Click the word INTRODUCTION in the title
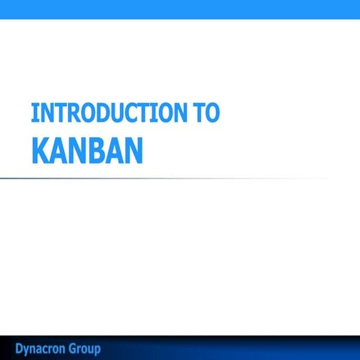[104, 112]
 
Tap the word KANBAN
[86, 149]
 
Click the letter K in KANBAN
[40, 149]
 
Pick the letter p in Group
[97, 350]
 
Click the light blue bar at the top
[180, 9]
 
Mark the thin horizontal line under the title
[150, 178]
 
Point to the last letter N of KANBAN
[133, 149]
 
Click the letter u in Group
[90, 349]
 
